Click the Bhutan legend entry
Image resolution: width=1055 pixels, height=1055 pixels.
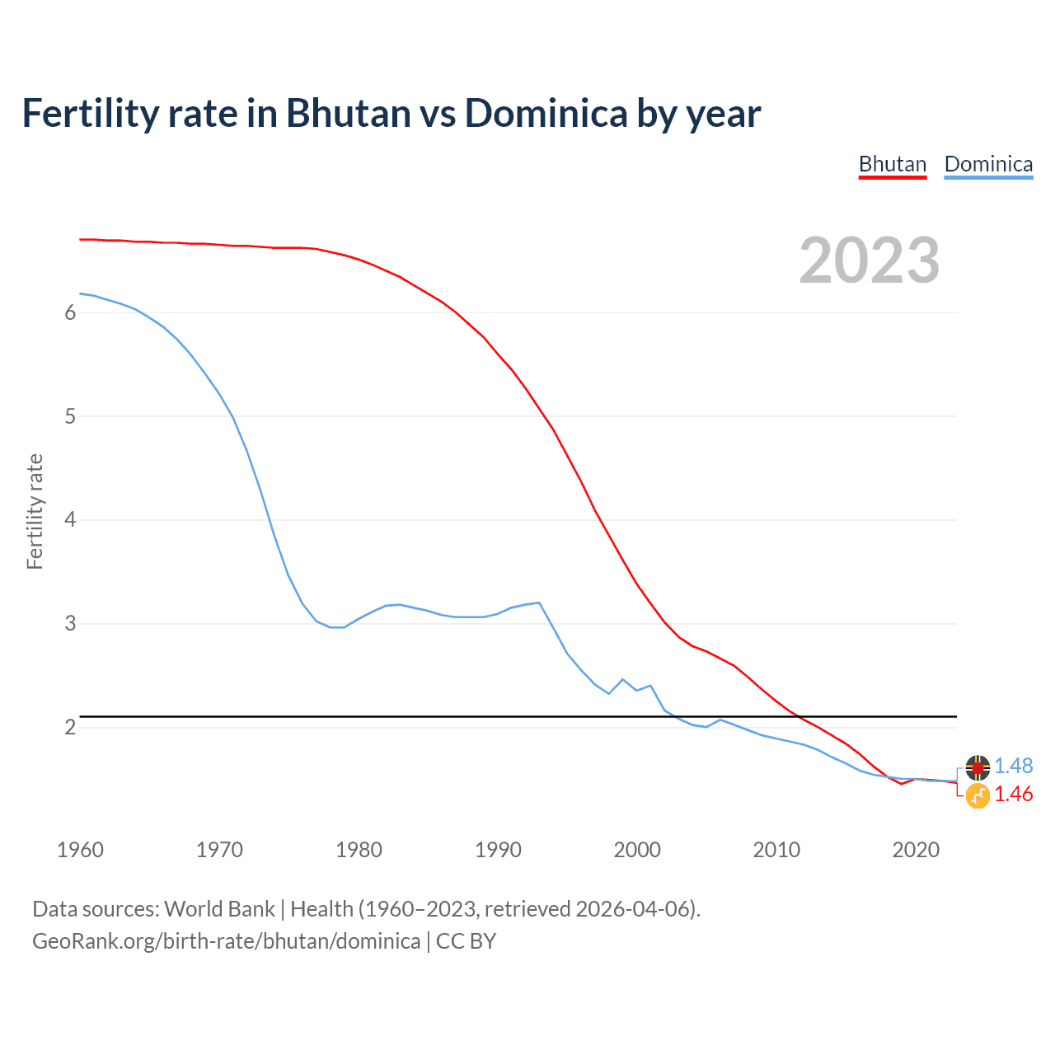tap(893, 164)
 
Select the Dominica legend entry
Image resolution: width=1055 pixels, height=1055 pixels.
tap(988, 164)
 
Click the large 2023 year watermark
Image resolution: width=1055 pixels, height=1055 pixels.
tap(869, 260)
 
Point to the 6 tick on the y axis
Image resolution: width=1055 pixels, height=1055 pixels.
tap(70, 312)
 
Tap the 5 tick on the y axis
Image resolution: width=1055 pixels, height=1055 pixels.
tap(70, 416)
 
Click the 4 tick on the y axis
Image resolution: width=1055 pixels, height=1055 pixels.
tap(70, 520)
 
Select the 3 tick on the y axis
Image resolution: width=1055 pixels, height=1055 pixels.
tap(70, 624)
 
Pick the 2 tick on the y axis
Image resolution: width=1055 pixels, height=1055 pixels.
tap(70, 727)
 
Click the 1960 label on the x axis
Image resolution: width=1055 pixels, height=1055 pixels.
tap(80, 850)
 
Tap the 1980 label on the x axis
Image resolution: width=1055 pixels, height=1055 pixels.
tap(359, 850)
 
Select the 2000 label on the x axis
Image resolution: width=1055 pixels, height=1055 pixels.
tap(637, 850)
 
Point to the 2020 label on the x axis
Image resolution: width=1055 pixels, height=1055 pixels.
tap(916, 850)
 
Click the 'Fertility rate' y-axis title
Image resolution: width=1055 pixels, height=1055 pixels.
tap(35, 511)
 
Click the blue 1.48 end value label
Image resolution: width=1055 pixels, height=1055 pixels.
tap(1013, 766)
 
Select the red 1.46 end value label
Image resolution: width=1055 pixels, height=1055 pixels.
tap(1013, 794)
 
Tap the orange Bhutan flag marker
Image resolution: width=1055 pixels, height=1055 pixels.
tap(978, 796)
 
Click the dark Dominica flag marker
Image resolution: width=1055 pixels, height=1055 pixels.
tap(978, 767)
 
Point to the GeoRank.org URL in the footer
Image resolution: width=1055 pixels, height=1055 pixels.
tap(226, 941)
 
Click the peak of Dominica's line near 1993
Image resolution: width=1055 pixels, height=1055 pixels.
tap(539, 603)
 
